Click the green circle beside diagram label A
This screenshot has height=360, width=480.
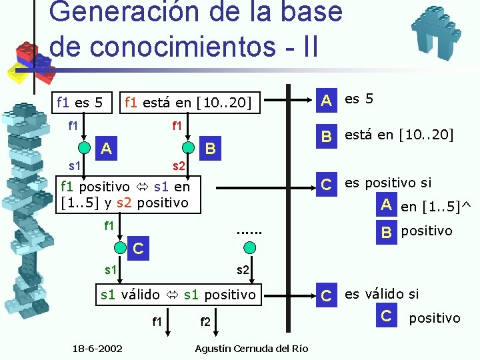click(x=84, y=148)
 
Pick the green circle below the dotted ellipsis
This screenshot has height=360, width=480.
click(x=249, y=248)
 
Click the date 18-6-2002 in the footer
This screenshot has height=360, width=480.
click(x=97, y=348)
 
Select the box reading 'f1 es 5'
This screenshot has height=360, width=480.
click(x=80, y=103)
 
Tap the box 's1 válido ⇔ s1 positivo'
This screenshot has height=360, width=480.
click(x=177, y=294)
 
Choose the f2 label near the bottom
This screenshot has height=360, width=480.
click(x=205, y=323)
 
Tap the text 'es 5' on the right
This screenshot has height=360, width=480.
click(x=359, y=99)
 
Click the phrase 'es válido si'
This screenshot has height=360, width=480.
click(x=381, y=293)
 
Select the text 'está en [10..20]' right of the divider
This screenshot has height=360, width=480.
click(x=399, y=135)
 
